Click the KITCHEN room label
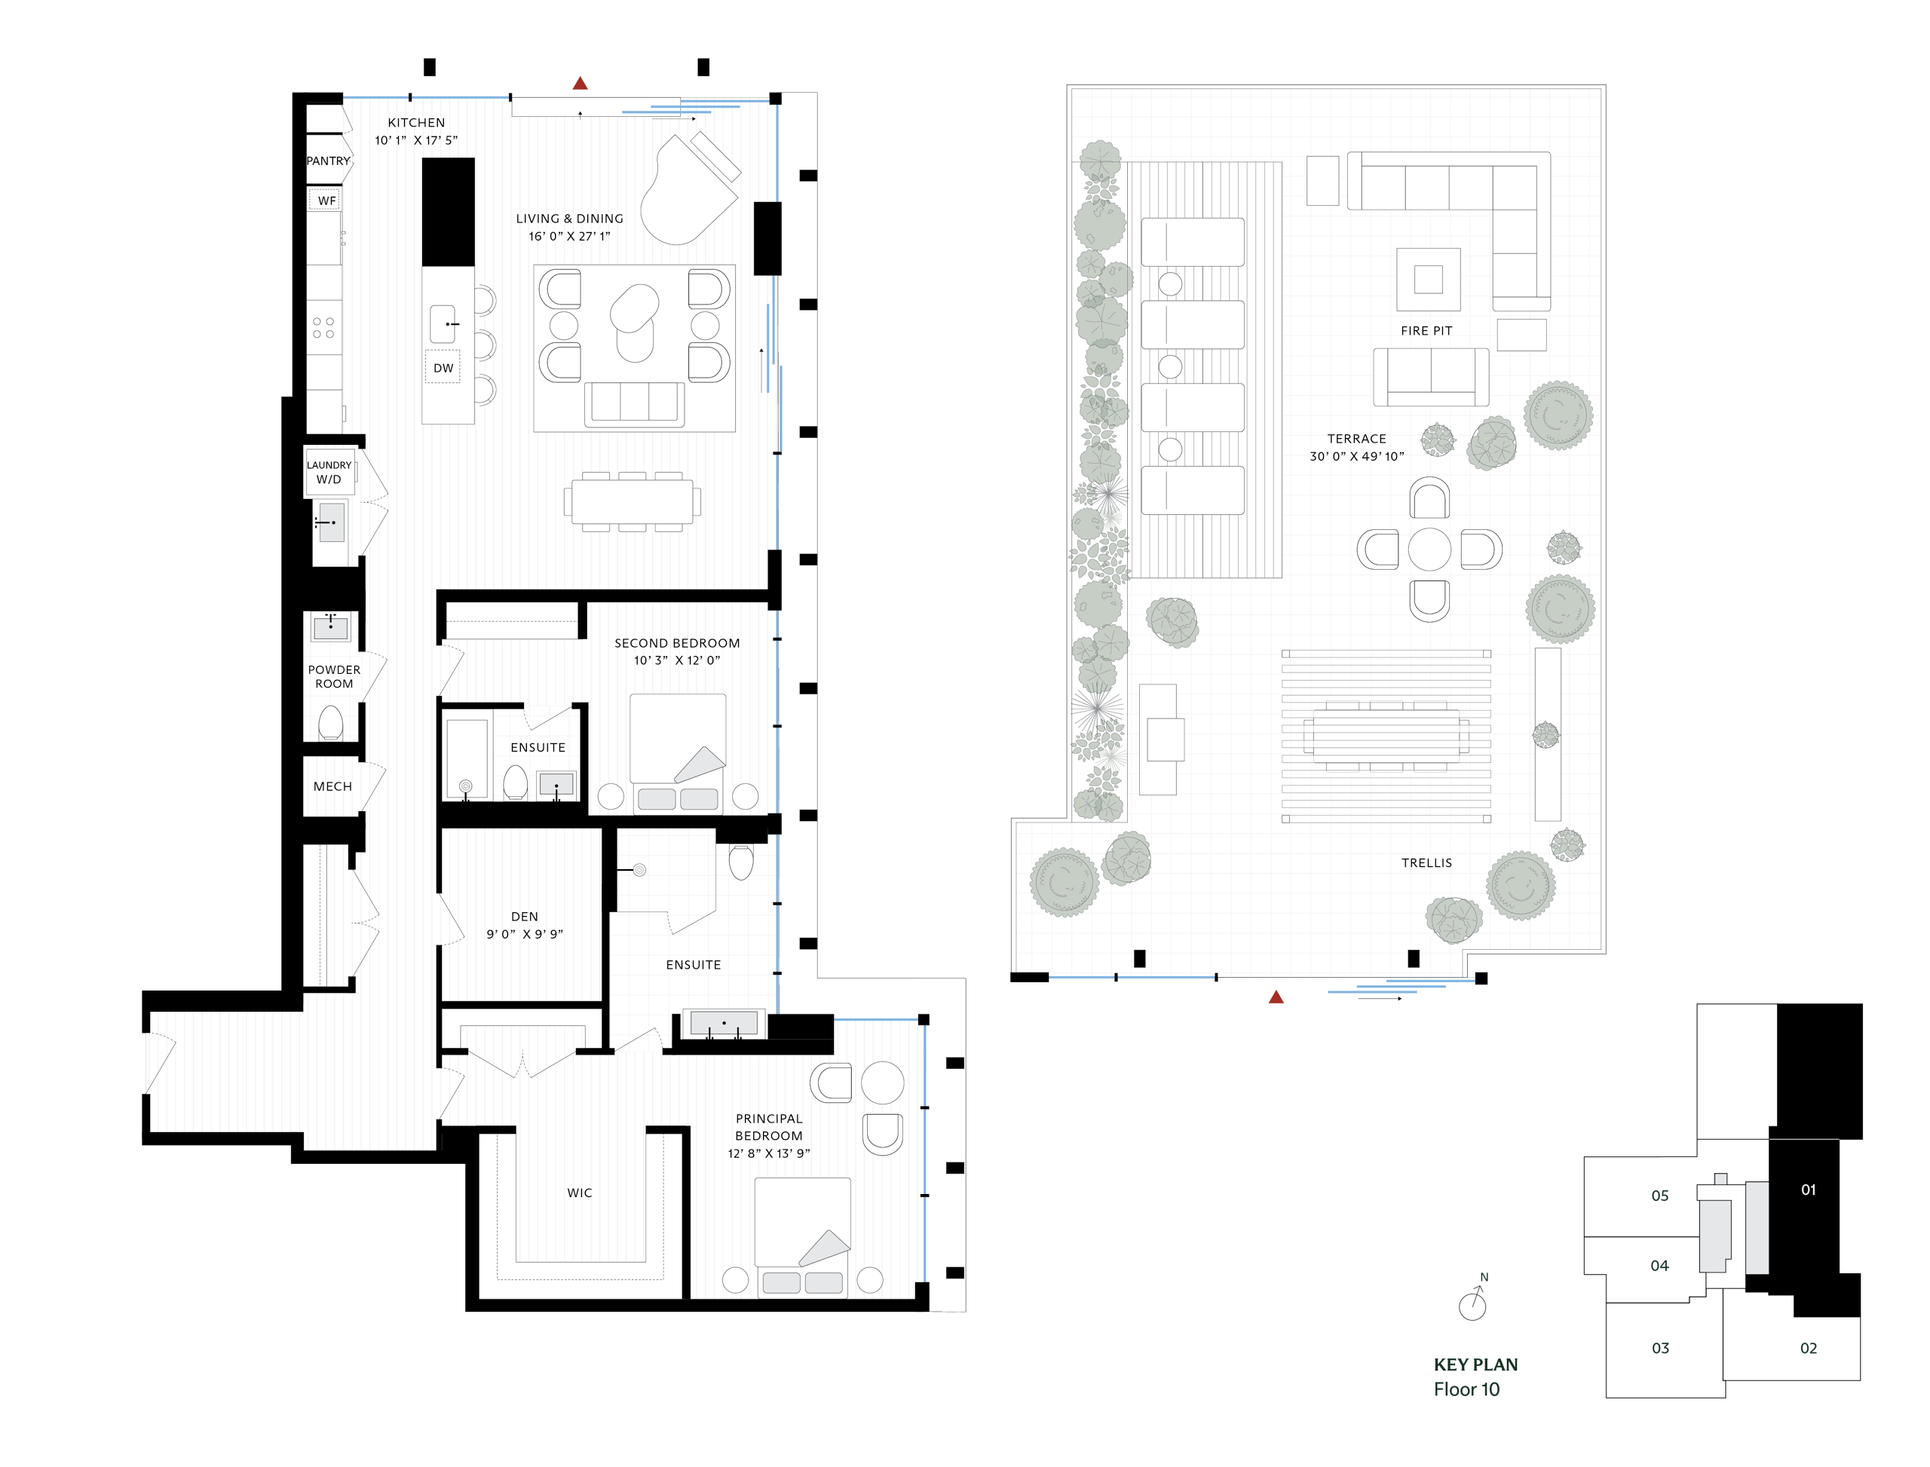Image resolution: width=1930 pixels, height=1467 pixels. (x=417, y=122)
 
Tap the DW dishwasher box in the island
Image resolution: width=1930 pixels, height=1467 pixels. (x=443, y=368)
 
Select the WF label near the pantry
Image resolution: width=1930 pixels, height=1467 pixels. (x=326, y=201)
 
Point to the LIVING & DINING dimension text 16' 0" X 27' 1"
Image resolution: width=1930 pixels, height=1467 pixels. (x=569, y=236)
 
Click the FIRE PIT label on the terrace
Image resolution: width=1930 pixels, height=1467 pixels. (x=1426, y=331)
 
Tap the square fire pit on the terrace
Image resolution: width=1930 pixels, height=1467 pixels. (x=1428, y=280)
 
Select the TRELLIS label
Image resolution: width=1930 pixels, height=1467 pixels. (x=1426, y=862)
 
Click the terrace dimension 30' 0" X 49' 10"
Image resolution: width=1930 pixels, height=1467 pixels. (x=1356, y=456)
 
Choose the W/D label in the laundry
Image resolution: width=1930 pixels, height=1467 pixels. (x=329, y=479)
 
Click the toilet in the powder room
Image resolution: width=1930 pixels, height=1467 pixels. (x=331, y=723)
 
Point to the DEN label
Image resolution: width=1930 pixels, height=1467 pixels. (x=524, y=916)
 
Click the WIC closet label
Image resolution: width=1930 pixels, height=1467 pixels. (x=579, y=1193)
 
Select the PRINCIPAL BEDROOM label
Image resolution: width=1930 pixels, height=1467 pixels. (x=768, y=1127)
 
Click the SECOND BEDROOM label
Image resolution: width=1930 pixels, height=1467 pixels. (x=677, y=643)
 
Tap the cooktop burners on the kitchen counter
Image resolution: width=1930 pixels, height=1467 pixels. (x=323, y=327)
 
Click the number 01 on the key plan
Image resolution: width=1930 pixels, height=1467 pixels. (x=1808, y=1190)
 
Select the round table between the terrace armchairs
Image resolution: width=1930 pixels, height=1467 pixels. (x=1429, y=550)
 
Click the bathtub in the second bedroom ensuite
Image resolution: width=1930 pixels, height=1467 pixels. (x=467, y=758)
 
